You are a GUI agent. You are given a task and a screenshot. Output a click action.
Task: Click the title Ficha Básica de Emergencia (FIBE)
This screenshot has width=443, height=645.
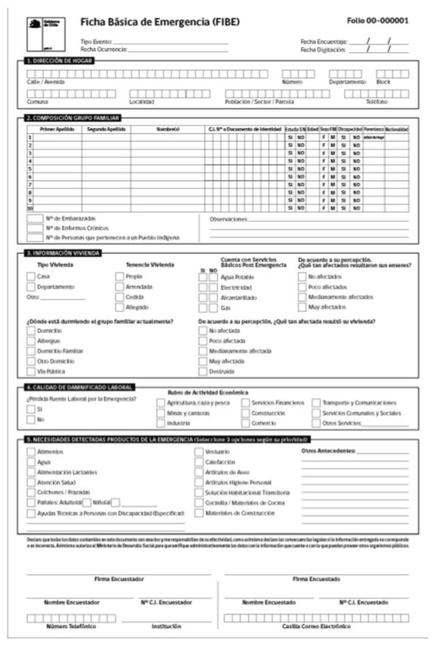click(x=160, y=21)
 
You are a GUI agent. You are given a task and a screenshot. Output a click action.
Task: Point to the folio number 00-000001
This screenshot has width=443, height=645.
click(x=378, y=20)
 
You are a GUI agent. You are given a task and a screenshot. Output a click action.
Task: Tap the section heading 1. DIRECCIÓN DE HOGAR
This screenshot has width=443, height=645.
click(x=57, y=61)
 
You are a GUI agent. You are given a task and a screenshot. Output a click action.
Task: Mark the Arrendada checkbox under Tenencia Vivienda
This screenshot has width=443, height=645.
click(x=120, y=287)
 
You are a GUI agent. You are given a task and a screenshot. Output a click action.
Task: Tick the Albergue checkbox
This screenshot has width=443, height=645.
click(x=31, y=340)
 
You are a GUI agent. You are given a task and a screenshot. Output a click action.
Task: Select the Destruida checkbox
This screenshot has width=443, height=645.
click(x=203, y=371)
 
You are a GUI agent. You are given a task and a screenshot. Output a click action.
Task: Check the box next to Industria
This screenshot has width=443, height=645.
click(x=161, y=423)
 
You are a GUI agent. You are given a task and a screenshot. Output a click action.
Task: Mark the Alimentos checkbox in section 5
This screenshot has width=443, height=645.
click(x=31, y=452)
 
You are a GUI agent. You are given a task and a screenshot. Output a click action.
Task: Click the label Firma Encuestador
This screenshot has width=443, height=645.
click(x=119, y=579)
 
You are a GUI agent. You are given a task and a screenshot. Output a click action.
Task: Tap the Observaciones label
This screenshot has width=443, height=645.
click(x=229, y=219)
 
